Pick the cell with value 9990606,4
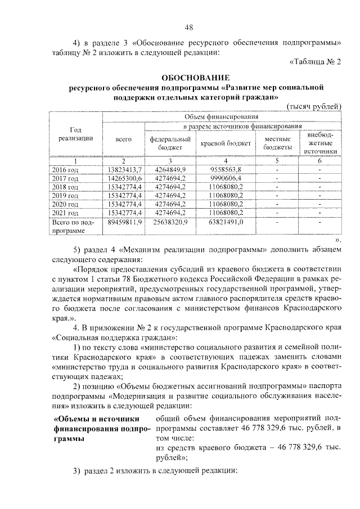226,178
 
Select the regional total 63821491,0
226,223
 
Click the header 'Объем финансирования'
221,116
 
